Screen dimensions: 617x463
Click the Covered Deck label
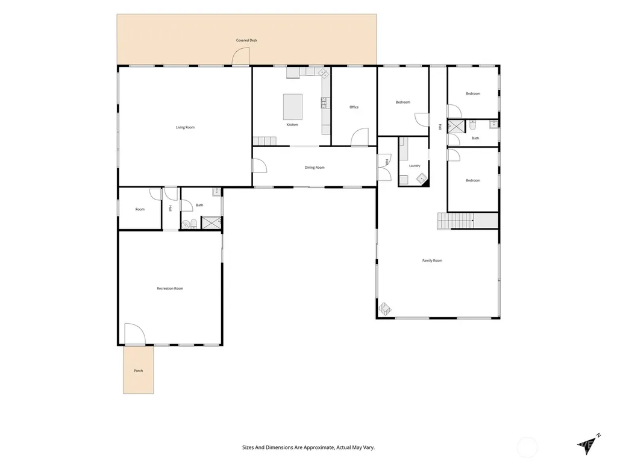(x=246, y=40)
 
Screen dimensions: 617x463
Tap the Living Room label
(x=185, y=127)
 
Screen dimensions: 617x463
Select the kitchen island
(x=293, y=107)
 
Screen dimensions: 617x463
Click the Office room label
(x=354, y=107)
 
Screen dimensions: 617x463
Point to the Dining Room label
(x=315, y=168)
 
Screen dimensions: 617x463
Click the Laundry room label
(x=415, y=166)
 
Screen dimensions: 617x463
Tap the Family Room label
(x=432, y=260)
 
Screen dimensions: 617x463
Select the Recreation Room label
(x=170, y=288)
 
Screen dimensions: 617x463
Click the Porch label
(x=138, y=371)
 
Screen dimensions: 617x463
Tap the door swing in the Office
(x=360, y=137)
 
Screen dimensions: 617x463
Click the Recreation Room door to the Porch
(x=135, y=334)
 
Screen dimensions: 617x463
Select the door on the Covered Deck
(x=240, y=56)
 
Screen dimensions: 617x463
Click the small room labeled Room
(x=140, y=209)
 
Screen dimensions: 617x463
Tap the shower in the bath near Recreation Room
(x=211, y=222)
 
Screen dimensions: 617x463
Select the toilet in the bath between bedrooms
(x=472, y=125)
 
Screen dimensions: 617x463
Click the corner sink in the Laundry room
(x=422, y=178)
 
